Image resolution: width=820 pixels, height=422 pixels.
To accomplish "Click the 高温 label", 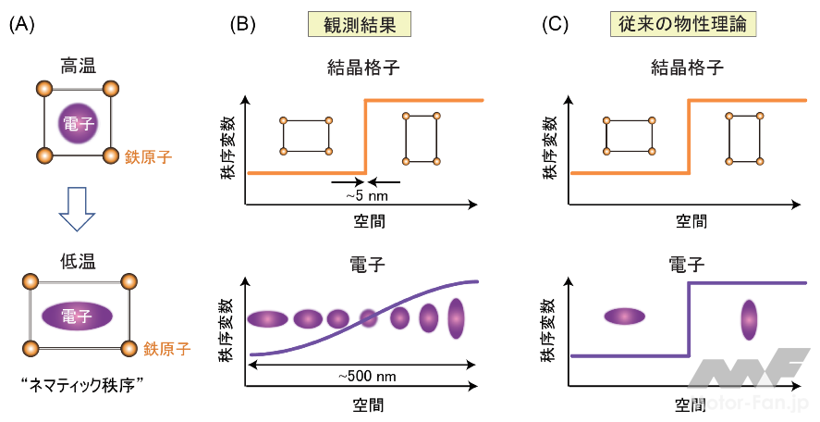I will point(79,67).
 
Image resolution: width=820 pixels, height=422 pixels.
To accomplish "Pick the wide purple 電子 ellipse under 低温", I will point(78,316).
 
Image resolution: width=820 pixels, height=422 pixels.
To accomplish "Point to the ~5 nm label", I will point(366,196).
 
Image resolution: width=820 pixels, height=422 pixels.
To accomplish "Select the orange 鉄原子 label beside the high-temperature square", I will point(148,157).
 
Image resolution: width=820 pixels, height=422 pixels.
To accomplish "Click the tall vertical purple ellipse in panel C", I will point(748,318).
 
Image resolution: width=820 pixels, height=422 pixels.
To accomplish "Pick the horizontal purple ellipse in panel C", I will point(624,316).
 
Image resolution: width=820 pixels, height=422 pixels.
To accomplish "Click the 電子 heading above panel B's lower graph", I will point(367,264).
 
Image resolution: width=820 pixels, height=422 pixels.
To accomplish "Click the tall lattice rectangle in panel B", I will point(421,137).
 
